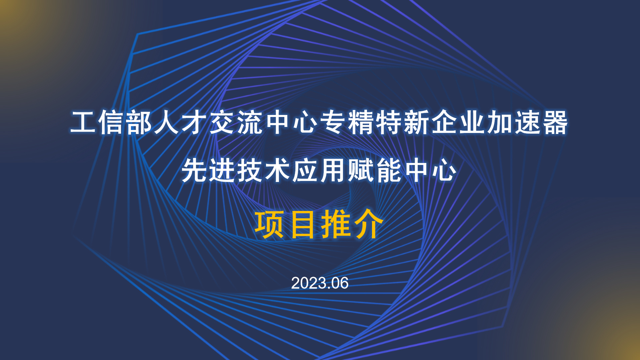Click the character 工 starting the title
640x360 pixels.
[x=83, y=122]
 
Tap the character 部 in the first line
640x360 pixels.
[x=139, y=122]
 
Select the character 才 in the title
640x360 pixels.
[x=195, y=122]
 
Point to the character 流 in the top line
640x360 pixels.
[x=250, y=122]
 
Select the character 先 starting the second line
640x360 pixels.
[x=195, y=170]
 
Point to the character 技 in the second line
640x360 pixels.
[x=250, y=170]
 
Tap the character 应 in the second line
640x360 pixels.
[x=306, y=170]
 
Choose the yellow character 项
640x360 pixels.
[x=270, y=224]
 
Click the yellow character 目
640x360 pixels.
[x=303, y=224]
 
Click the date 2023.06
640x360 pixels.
[x=320, y=283]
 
